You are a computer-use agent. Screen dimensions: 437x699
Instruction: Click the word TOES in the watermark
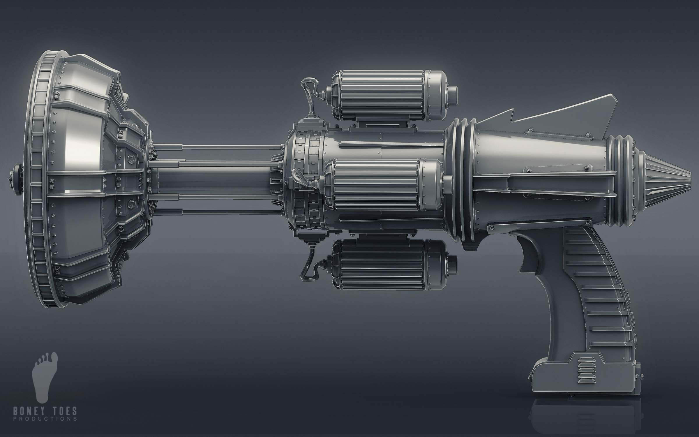64,411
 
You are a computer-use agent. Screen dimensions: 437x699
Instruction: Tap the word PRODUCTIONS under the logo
45,419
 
